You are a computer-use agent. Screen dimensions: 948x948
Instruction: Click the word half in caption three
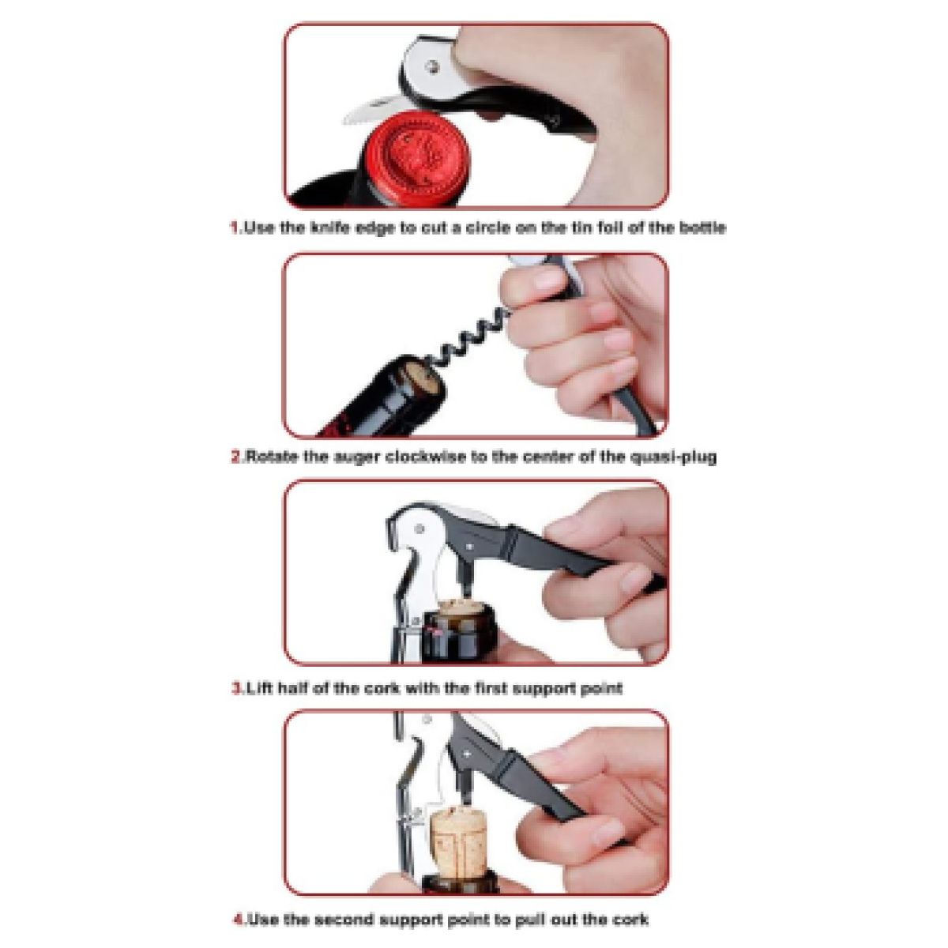tap(292, 688)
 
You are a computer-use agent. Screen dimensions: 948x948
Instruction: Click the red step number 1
tap(235, 228)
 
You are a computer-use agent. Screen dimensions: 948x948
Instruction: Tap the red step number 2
tap(236, 457)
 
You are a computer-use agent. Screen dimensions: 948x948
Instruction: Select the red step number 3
tap(236, 688)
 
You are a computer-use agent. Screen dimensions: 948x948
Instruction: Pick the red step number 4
tap(238, 920)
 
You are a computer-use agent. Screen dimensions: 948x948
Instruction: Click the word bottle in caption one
tap(702, 228)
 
